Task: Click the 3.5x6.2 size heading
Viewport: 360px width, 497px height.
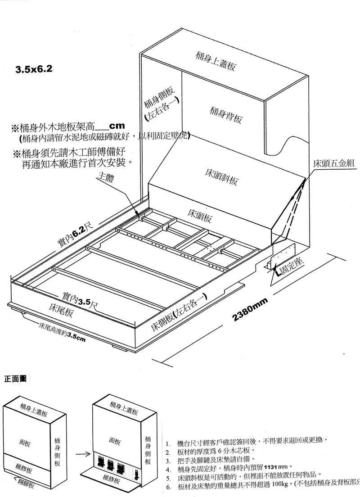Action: coord(34,69)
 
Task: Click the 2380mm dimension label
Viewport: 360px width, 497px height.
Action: coord(250,310)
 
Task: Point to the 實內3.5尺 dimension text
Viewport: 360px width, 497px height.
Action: coord(80,300)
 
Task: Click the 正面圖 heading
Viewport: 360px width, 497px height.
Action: coord(15,378)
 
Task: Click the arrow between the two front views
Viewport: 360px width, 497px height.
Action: coord(81,449)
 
